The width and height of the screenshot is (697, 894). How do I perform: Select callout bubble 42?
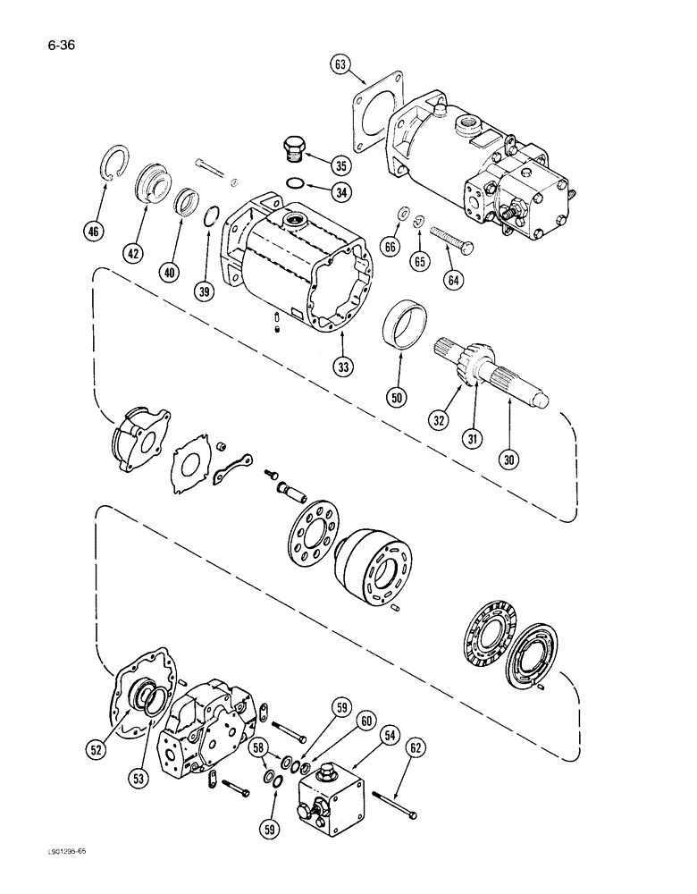(133, 254)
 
